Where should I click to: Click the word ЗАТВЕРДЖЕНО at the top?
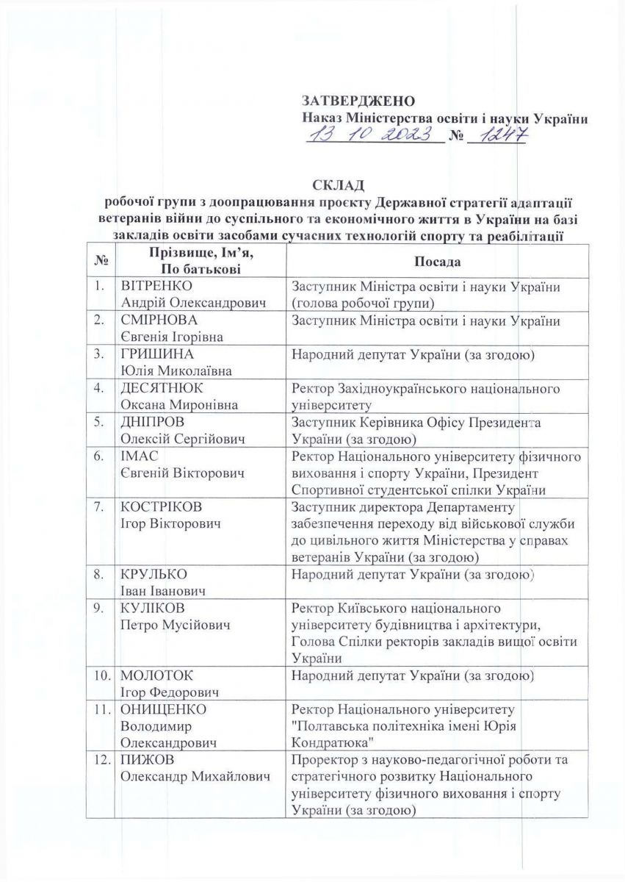[359, 100]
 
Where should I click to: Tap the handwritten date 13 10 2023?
[372, 135]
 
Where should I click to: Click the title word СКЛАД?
[339, 183]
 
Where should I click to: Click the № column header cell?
[99, 262]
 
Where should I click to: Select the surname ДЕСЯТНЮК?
[162, 388]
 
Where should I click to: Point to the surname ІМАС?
[140, 456]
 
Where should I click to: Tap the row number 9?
[98, 609]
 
